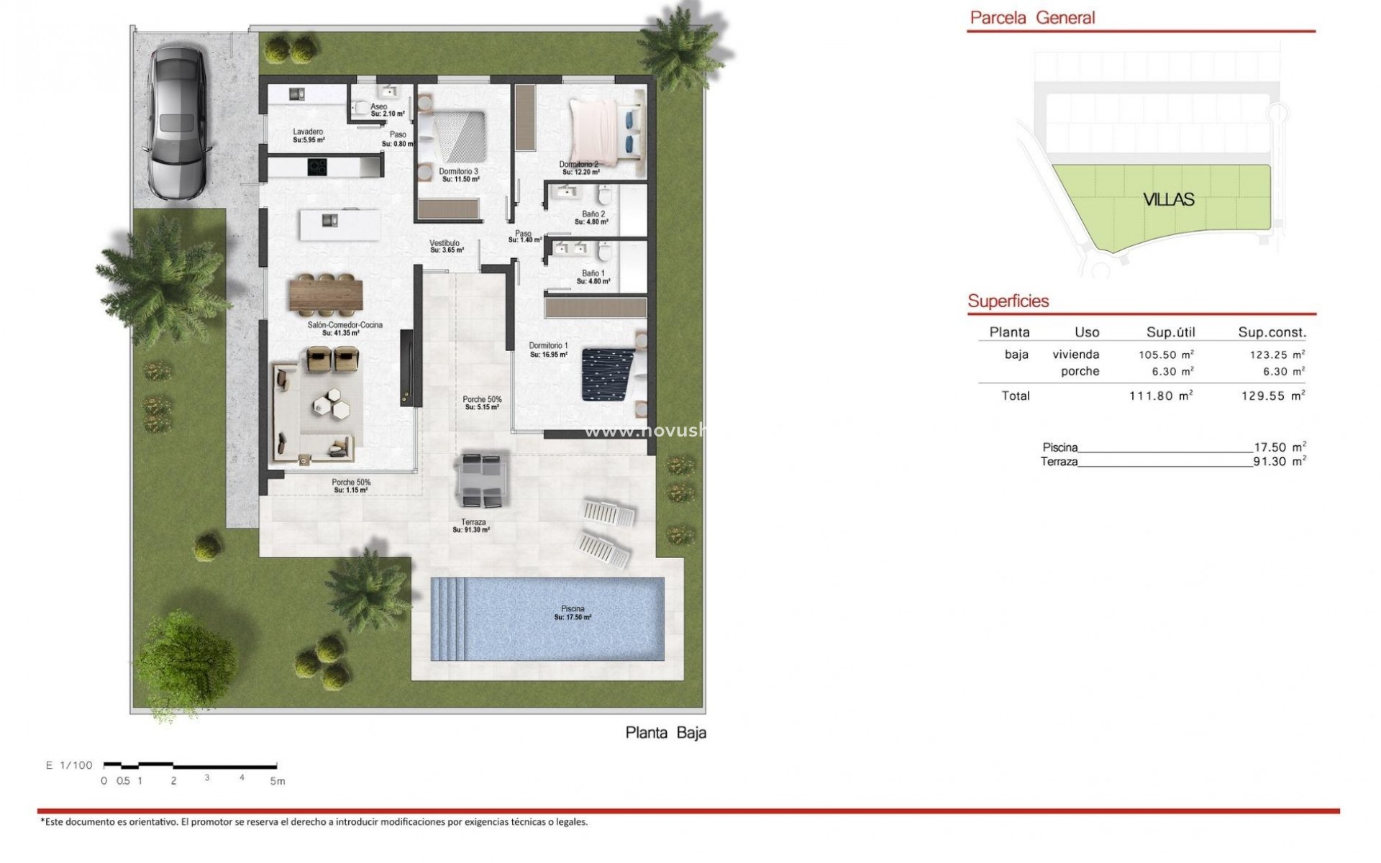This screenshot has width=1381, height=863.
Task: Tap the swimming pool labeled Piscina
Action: pyautogui.click(x=547, y=618)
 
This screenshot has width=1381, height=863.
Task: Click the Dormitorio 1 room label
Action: pyautogui.click(x=549, y=346)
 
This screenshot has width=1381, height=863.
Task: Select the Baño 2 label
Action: pyautogui.click(x=593, y=214)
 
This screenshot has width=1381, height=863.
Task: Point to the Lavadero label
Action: pyautogui.click(x=308, y=132)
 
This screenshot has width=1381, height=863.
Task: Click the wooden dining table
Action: pyautogui.click(x=326, y=295)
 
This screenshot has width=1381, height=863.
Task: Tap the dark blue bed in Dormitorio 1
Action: pyautogui.click(x=608, y=375)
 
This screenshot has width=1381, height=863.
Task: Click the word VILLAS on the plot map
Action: pyautogui.click(x=1169, y=200)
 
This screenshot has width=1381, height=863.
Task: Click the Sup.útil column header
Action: pyautogui.click(x=1170, y=332)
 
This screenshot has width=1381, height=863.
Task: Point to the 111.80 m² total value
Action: pyautogui.click(x=1161, y=396)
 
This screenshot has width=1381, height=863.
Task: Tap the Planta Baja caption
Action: pyautogui.click(x=665, y=733)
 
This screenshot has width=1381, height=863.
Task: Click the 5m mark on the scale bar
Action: pyautogui.click(x=278, y=781)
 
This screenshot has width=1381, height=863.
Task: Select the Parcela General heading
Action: pyautogui.click(x=1032, y=18)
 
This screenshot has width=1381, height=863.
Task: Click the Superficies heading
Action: pyautogui.click(x=1008, y=301)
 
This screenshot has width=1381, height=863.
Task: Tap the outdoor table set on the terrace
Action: pyautogui.click(x=482, y=478)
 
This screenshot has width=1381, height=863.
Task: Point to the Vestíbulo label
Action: pyautogui.click(x=445, y=243)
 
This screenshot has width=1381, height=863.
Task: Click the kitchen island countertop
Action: pyautogui.click(x=340, y=224)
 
